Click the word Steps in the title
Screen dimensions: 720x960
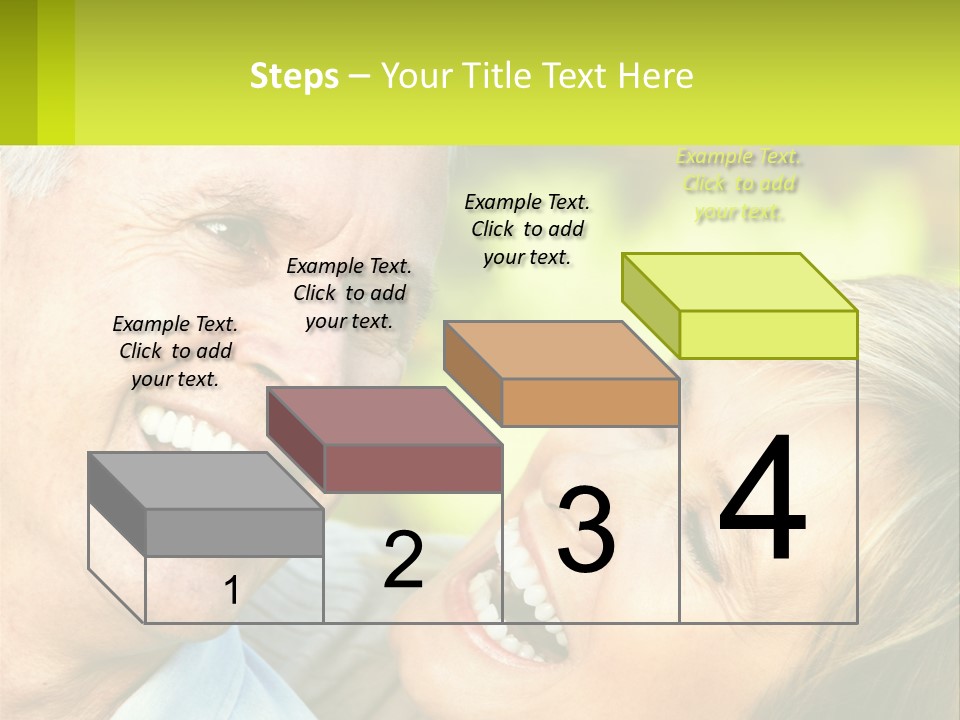[294, 76]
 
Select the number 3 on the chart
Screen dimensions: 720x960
[585, 529]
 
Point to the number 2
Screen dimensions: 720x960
[403, 560]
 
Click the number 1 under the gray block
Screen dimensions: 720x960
[231, 590]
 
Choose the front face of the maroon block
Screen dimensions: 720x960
[413, 468]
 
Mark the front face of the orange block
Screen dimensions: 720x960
[590, 402]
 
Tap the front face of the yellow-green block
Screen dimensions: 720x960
[768, 334]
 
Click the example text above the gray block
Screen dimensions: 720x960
[175, 351]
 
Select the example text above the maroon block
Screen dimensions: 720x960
[349, 293]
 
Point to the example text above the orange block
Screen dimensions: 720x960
[527, 229]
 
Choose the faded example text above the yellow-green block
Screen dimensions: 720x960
[739, 185]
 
